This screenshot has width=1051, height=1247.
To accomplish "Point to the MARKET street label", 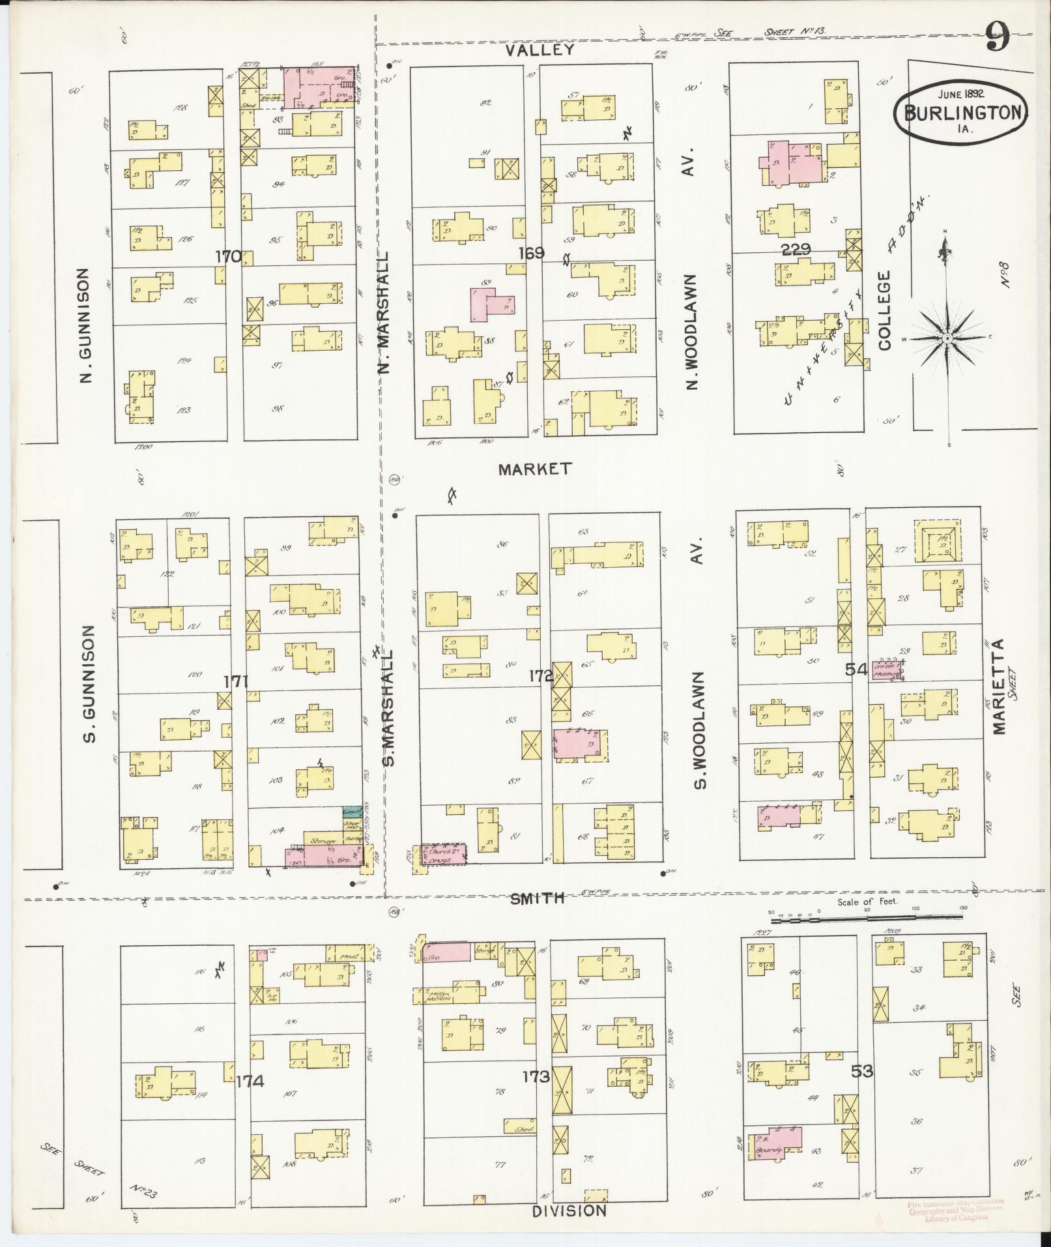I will click(535, 468).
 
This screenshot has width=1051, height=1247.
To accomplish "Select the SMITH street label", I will click(536, 899).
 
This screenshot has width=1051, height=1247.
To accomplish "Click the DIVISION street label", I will click(569, 1210).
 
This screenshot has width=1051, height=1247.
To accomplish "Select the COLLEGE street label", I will click(885, 311).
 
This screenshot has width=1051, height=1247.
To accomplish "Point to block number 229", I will click(796, 249).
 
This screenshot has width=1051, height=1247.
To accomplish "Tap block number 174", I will click(250, 1081).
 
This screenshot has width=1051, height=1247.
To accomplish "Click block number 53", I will click(861, 1071).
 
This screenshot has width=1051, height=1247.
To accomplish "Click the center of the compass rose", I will click(947, 339).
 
